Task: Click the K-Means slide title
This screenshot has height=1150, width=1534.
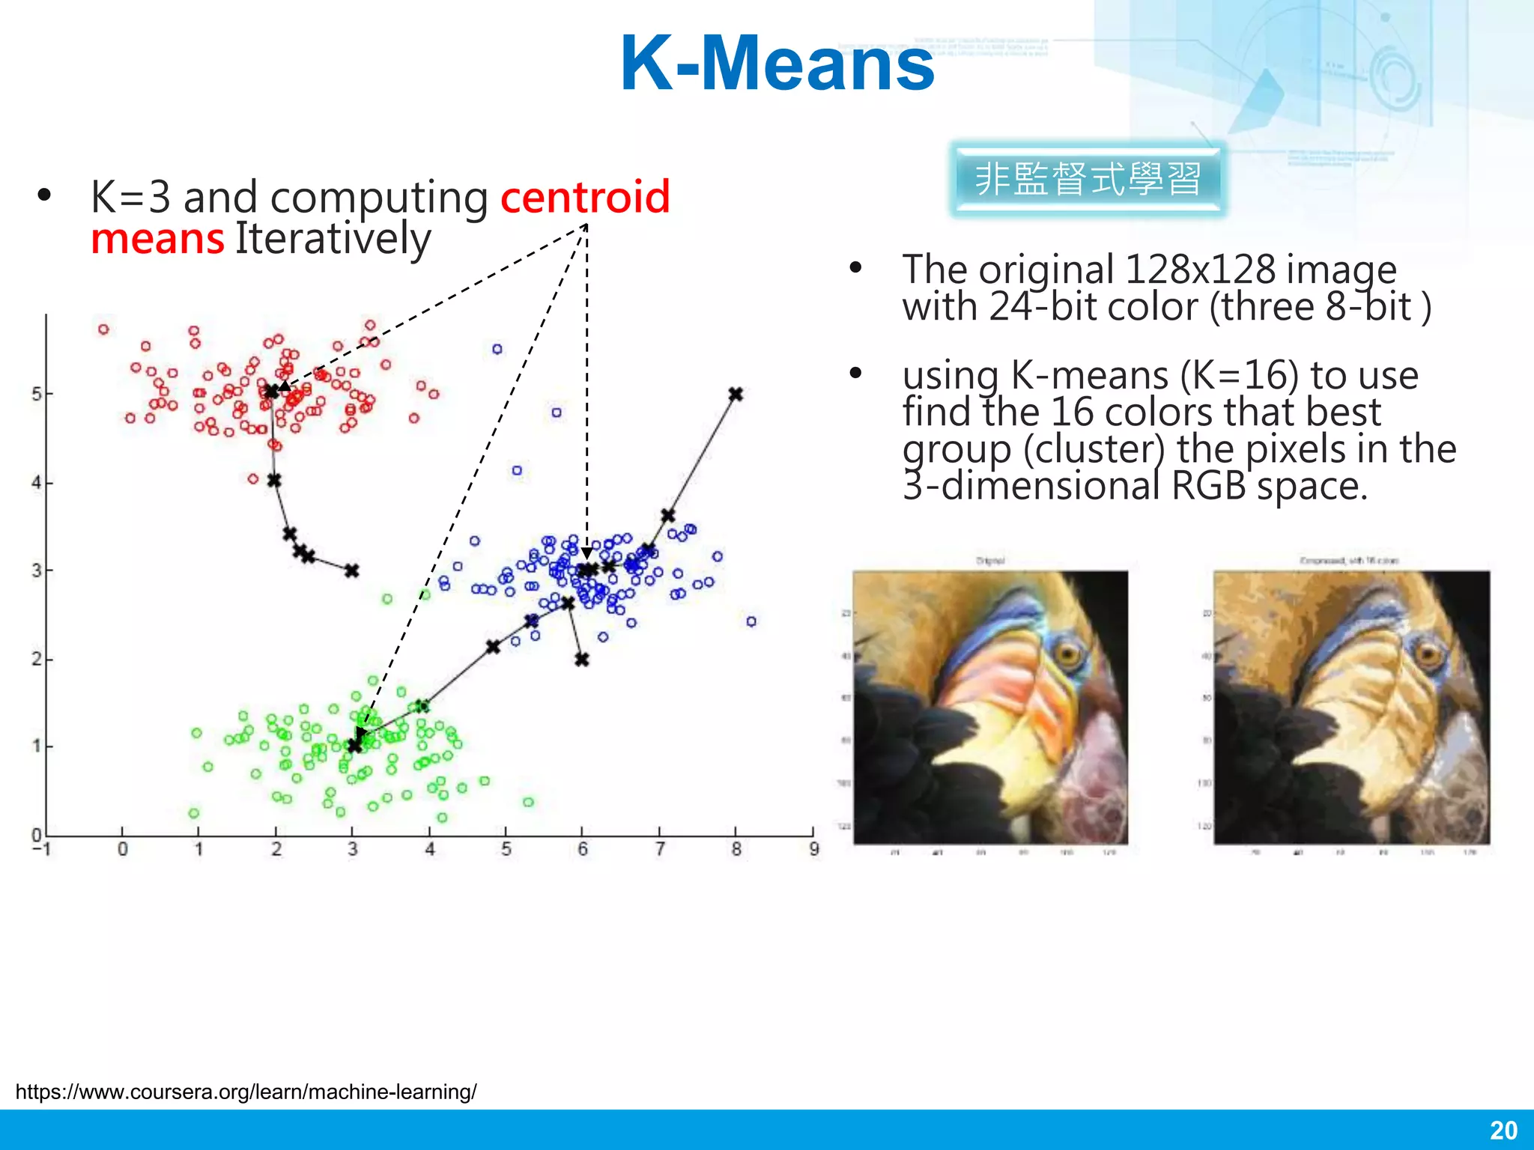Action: click(x=777, y=64)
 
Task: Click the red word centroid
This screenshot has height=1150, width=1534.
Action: click(x=585, y=197)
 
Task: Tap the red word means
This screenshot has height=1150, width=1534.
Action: click(x=157, y=240)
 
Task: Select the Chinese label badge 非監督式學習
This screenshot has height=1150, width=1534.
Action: click(x=1088, y=180)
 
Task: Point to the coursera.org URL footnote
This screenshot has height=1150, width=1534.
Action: click(x=246, y=1092)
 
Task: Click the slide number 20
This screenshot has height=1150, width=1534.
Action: click(x=1503, y=1130)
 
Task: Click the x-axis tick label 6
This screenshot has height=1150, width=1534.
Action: click(x=583, y=849)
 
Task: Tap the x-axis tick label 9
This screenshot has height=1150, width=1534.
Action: click(x=814, y=849)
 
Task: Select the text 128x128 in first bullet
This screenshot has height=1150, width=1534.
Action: click(x=1199, y=270)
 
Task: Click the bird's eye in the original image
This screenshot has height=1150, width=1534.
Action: click(x=1068, y=656)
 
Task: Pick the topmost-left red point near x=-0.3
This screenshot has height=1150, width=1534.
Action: click(x=103, y=329)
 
